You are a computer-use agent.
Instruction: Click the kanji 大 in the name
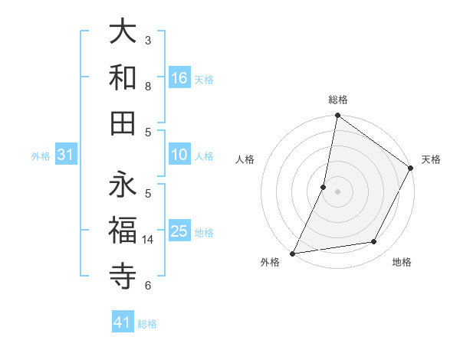[x=123, y=34]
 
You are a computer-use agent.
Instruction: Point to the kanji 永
[x=123, y=184]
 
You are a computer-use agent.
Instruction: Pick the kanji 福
[x=123, y=228]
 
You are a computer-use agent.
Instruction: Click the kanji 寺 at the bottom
[x=123, y=273]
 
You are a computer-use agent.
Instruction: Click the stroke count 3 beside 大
[x=148, y=40]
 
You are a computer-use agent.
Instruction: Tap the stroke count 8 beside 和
[x=148, y=86]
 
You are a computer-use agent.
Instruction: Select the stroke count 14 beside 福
[x=148, y=240]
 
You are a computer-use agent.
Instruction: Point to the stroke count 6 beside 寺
[x=148, y=286]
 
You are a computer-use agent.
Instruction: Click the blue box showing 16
[x=179, y=77]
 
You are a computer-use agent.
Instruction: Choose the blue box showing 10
[x=179, y=155]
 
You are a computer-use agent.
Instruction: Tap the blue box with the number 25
[x=179, y=231]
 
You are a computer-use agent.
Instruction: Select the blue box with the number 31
[x=65, y=155]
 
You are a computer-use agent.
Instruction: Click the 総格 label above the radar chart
[x=337, y=100]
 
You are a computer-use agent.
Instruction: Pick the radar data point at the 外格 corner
[x=292, y=254]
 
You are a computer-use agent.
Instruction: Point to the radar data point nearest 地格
[x=374, y=242]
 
